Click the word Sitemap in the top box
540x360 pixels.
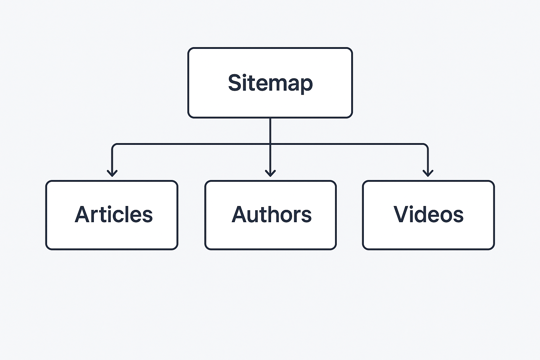point(270,83)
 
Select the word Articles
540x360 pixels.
point(114,214)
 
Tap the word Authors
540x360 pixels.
point(271,214)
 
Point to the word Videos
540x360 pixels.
point(428,214)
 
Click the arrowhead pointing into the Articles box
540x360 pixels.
point(112,173)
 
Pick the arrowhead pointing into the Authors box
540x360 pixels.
point(270,173)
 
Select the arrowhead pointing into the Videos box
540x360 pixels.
point(428,173)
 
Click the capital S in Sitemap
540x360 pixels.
point(235,83)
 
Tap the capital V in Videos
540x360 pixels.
point(401,214)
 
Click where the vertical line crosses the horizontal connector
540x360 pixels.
point(270,144)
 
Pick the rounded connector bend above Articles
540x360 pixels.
point(114,145)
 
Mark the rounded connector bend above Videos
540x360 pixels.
point(426,145)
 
